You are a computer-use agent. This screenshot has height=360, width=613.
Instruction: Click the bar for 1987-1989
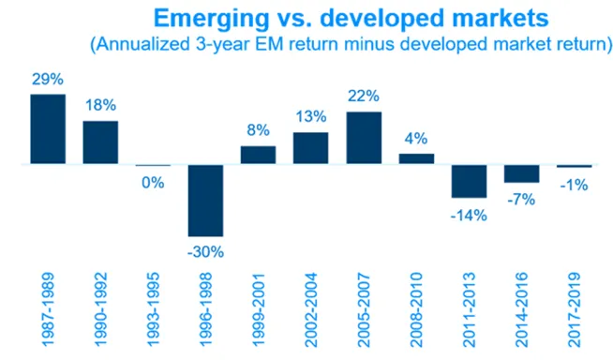pyautogui.click(x=48, y=129)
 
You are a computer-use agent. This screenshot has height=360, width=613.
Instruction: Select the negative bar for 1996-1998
pyautogui.click(x=205, y=201)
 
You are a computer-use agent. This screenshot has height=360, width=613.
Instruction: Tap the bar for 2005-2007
pyautogui.click(x=364, y=138)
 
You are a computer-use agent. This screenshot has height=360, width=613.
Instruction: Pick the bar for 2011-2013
pyautogui.click(x=470, y=181)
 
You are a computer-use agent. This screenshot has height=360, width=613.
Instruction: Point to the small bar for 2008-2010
pyautogui.click(x=416, y=158)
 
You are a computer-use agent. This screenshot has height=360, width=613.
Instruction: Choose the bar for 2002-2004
pyautogui.click(x=311, y=148)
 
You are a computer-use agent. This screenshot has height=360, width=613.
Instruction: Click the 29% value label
pyautogui.click(x=48, y=80)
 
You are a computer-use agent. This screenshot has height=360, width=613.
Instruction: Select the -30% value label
pyautogui.click(x=205, y=252)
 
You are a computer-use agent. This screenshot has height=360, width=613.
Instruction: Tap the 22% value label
pyautogui.click(x=364, y=96)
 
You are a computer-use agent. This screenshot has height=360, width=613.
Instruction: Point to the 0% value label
pyautogui.click(x=153, y=183)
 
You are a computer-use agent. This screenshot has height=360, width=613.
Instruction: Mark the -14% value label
pyautogui.click(x=469, y=216)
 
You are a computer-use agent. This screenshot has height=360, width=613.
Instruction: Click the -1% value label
pyautogui.click(x=574, y=185)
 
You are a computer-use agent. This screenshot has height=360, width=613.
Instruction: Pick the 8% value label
pyautogui.click(x=258, y=130)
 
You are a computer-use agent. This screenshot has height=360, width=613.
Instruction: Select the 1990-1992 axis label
pyautogui.click(x=100, y=309)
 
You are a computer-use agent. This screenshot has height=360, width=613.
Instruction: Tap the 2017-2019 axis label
pyautogui.click(x=574, y=309)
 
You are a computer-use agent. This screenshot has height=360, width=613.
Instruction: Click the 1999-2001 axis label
pyautogui.click(x=259, y=309)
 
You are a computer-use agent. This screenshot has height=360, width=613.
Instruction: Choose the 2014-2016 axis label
pyautogui.click(x=521, y=309)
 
